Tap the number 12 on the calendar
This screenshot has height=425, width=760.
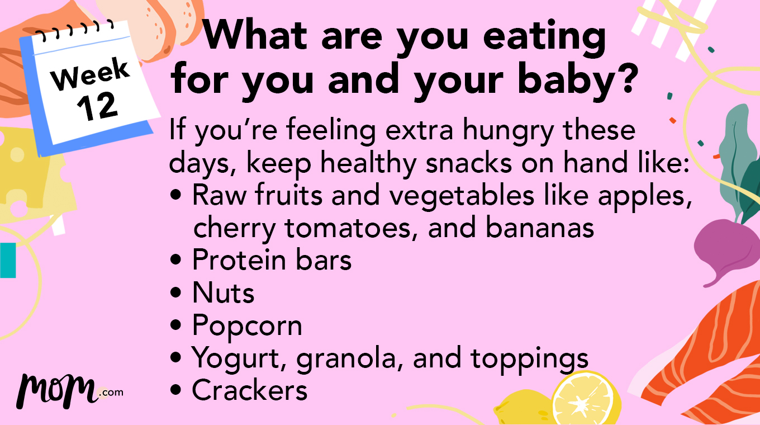click(x=98, y=106)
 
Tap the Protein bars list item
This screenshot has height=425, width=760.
click(x=272, y=260)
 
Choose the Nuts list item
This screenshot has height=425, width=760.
click(x=223, y=292)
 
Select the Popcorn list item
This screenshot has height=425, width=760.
click(x=247, y=325)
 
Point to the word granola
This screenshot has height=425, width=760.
click(x=349, y=358)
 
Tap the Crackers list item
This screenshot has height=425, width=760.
click(x=250, y=390)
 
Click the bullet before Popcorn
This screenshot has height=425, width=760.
click(x=177, y=325)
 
